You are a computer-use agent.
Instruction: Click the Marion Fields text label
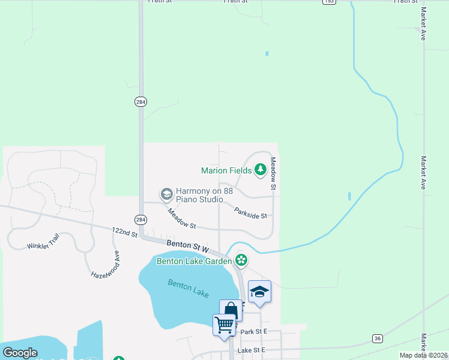[226, 170]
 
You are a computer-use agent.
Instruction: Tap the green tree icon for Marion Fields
[261, 170]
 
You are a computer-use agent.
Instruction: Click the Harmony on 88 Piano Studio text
[199, 195]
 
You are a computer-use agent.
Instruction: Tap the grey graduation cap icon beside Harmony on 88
[166, 194]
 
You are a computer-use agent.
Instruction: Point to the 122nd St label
[125, 233]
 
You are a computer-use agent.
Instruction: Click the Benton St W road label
[187, 246]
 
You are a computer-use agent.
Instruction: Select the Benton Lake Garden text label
[194, 260]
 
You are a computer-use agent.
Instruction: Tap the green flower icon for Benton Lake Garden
[241, 260]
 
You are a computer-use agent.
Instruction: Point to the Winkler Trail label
[43, 243]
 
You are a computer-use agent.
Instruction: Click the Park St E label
[253, 332]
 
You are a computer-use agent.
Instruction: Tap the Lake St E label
[251, 350]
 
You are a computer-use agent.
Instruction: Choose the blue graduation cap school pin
[259, 292]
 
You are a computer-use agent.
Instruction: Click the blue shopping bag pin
[231, 311]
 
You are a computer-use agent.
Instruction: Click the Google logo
[20, 353]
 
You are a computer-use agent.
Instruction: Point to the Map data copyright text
[424, 355]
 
